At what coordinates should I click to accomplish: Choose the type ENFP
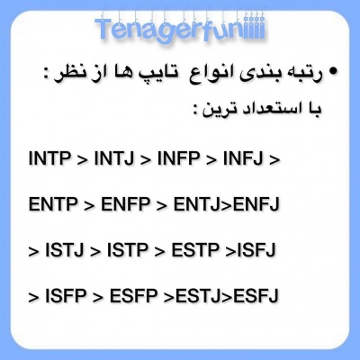125,205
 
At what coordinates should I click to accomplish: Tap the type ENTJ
194,205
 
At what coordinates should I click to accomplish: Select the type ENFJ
256,205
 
